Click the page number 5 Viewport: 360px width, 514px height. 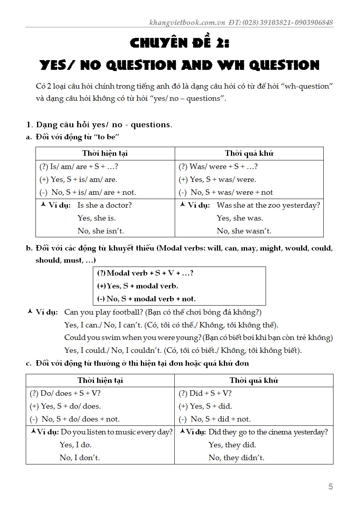331,486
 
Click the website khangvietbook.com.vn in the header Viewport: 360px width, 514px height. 187,22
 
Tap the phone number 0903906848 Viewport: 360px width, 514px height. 314,22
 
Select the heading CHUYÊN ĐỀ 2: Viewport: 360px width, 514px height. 180,43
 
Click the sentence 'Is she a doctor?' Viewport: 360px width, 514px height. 105,205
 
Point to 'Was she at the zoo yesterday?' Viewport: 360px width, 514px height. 268,205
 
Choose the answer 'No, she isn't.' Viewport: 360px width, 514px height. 101,231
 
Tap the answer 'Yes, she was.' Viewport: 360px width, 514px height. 240,218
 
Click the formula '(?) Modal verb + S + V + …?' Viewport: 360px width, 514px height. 145,273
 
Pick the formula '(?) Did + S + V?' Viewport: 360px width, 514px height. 205,393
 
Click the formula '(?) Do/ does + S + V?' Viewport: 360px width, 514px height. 65,393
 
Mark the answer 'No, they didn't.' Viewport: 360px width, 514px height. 236,458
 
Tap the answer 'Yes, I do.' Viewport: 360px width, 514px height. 76,445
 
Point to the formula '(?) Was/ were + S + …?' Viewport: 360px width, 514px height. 218,167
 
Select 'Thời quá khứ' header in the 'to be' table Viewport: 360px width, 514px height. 249,153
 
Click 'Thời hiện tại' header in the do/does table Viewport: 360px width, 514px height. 100,381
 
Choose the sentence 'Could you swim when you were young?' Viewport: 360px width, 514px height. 133,338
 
